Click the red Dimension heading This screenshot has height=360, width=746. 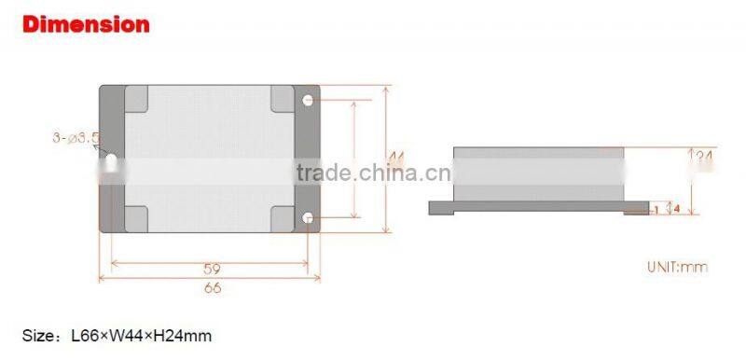[x=85, y=24]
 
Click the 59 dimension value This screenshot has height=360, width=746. [x=212, y=270]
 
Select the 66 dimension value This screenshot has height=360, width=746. [x=212, y=287]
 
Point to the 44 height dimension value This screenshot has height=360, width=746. [x=397, y=159]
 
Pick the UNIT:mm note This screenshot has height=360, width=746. [x=678, y=267]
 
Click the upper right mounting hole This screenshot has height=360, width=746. [x=308, y=98]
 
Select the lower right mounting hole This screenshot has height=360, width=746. [x=308, y=217]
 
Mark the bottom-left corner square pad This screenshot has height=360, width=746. [x=136, y=217]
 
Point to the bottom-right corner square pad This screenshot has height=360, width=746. [x=283, y=217]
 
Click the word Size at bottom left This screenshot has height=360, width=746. [x=38, y=334]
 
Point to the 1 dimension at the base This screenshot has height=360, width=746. [x=656, y=210]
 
